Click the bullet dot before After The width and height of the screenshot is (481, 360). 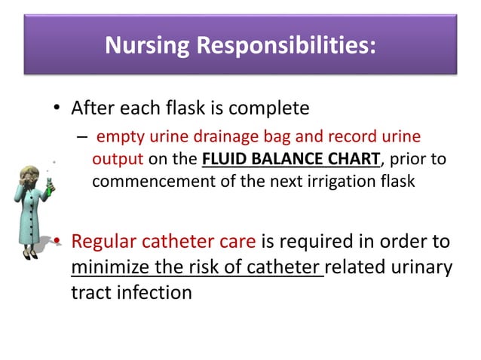[x=57, y=109]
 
